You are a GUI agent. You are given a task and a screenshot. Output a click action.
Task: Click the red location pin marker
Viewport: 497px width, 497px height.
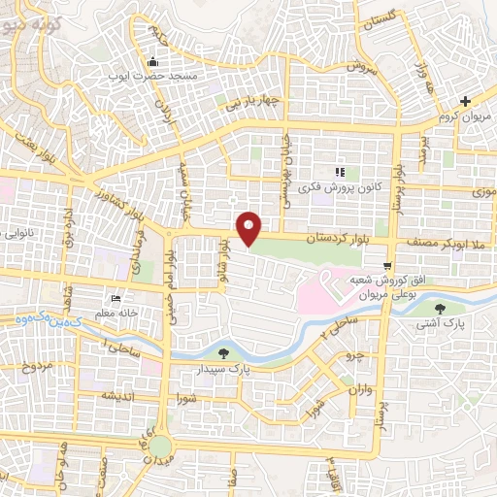click(249, 229)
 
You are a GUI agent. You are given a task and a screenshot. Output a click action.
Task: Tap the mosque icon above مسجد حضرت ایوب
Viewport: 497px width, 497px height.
click(154, 61)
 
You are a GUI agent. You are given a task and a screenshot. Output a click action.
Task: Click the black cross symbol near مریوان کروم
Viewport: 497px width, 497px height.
click(466, 101)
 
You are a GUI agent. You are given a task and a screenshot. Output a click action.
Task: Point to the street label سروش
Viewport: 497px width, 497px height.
click(361, 69)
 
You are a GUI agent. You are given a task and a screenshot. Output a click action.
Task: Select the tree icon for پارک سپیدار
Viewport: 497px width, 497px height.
click(225, 352)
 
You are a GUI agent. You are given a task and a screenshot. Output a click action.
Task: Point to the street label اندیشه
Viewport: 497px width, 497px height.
click(116, 396)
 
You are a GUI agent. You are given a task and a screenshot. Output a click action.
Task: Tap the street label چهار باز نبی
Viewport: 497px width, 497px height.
click(253, 101)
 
